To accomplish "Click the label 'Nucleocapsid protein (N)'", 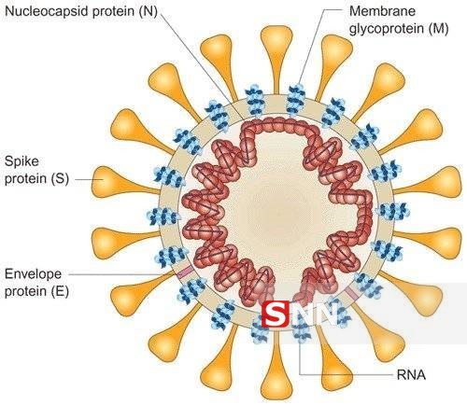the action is pos(81,11).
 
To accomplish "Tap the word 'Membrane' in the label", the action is pos(383,11).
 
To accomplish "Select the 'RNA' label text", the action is pos(411,375).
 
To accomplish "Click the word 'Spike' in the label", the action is pos(21,161).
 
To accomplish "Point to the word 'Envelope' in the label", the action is pos(33,274).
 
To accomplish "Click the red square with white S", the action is pos(275,314).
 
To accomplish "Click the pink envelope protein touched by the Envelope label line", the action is pos(185,272).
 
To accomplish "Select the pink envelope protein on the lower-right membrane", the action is pos(352,293).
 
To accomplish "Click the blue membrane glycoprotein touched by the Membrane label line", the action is pos(295,99).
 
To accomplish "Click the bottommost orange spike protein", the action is pos(276,366).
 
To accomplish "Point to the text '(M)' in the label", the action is pos(438,29).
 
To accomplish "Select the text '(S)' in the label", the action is pos(60,179).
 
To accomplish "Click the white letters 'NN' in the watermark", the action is pos(314,314).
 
